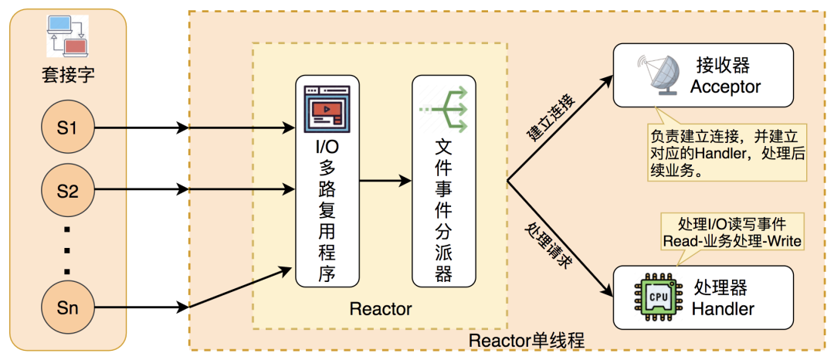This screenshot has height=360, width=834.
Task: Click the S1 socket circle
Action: tap(69, 128)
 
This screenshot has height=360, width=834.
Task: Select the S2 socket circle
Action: tap(69, 189)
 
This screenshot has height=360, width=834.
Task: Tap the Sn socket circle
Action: tap(69, 308)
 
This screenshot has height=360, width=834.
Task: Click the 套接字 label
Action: tap(68, 75)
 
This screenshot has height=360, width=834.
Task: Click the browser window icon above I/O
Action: tap(327, 107)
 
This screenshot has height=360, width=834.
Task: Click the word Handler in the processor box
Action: tap(723, 309)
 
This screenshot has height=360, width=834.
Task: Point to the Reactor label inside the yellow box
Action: tap(381, 309)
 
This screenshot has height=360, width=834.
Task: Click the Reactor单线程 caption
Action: tap(526, 340)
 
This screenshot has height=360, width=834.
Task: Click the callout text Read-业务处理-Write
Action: tap(731, 241)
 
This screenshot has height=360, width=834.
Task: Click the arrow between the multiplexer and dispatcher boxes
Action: tap(385, 181)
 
